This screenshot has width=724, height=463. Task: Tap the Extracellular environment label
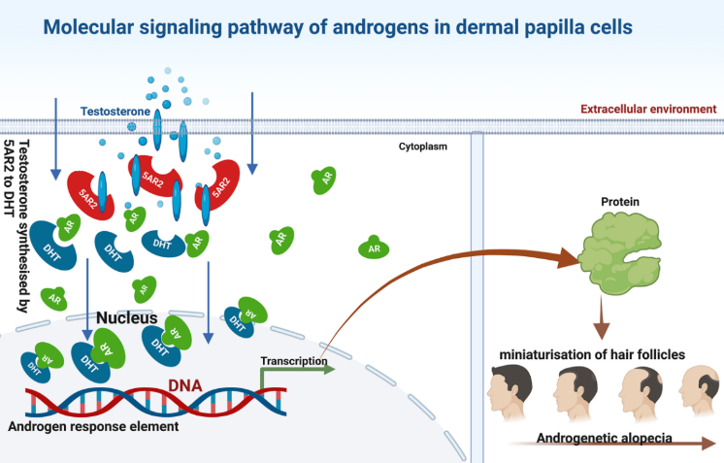click(648, 109)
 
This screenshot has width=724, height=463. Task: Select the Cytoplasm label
click(422, 147)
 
